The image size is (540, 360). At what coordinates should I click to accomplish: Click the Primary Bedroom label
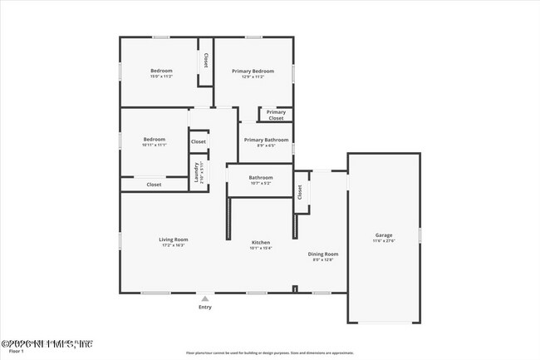pos(253,72)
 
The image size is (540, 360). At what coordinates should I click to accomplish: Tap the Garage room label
pos(383,235)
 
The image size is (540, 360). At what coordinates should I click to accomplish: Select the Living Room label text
pos(174,239)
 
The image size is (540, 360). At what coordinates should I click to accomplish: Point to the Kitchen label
pos(261,242)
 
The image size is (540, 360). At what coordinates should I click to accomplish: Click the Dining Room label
pos(323,254)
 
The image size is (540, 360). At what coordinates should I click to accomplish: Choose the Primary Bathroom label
pos(266,139)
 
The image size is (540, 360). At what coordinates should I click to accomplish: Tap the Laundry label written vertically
pos(197,171)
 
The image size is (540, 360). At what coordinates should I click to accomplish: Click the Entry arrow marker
pos(205,297)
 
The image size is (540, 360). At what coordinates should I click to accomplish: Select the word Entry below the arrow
pos(205,308)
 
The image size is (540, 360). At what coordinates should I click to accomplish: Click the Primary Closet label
pos(276,115)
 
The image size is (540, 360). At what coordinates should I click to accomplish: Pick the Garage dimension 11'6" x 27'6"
pos(383,241)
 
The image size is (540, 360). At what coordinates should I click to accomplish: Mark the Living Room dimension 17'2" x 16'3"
pos(174,245)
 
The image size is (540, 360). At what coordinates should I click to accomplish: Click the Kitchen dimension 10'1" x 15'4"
pos(261,248)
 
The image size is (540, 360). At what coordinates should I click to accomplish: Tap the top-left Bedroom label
pos(161,71)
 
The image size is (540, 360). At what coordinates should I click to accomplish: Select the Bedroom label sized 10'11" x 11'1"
pos(155,139)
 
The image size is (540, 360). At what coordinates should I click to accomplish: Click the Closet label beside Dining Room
pos(300,191)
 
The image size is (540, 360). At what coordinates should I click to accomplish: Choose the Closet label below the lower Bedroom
pos(154,185)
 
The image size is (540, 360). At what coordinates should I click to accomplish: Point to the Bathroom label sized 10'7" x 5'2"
pos(261,177)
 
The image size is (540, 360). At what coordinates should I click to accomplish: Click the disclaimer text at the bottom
pos(269,353)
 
